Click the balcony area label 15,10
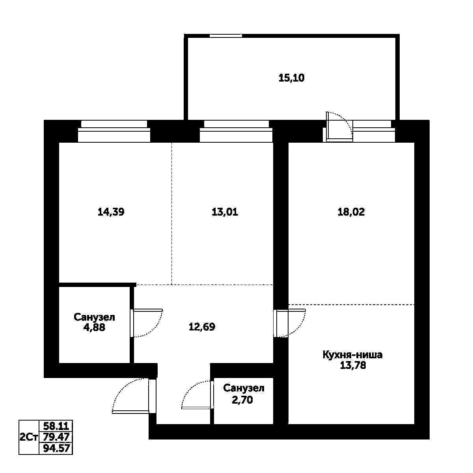coord(292,78)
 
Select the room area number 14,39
coord(111,212)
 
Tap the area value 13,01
coord(225,212)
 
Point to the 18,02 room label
coord(351,212)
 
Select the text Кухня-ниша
coord(352,355)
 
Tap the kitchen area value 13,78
coord(353,365)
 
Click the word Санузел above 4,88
coord(95,317)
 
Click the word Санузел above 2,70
coord(244,388)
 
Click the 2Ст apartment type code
coord(28,437)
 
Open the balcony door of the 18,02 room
coord(338,127)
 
